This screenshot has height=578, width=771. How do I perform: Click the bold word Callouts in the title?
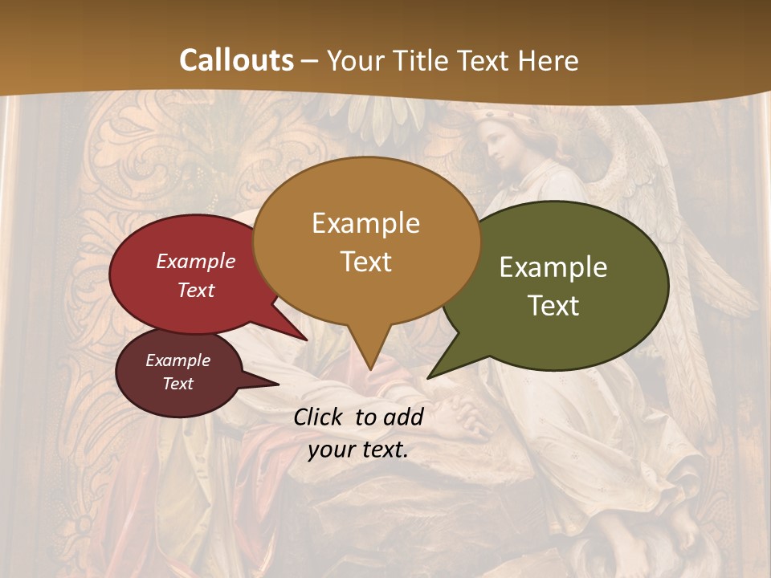(236, 60)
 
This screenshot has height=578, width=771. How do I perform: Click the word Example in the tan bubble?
(365, 223)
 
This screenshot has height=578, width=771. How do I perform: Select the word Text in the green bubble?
(553, 306)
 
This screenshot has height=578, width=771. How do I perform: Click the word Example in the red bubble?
(196, 262)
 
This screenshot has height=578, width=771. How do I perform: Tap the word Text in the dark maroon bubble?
(178, 384)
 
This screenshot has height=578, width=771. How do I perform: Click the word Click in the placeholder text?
(319, 417)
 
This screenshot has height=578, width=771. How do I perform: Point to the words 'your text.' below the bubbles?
(358, 450)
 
